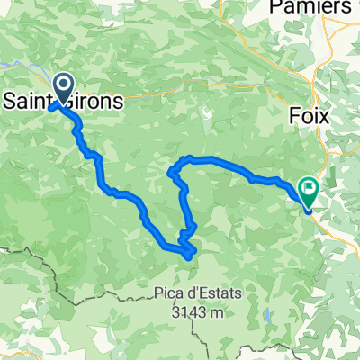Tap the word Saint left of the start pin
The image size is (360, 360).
pyautogui.click(x=27, y=101)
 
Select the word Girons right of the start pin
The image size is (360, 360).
pyautogui.click(x=99, y=101)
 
